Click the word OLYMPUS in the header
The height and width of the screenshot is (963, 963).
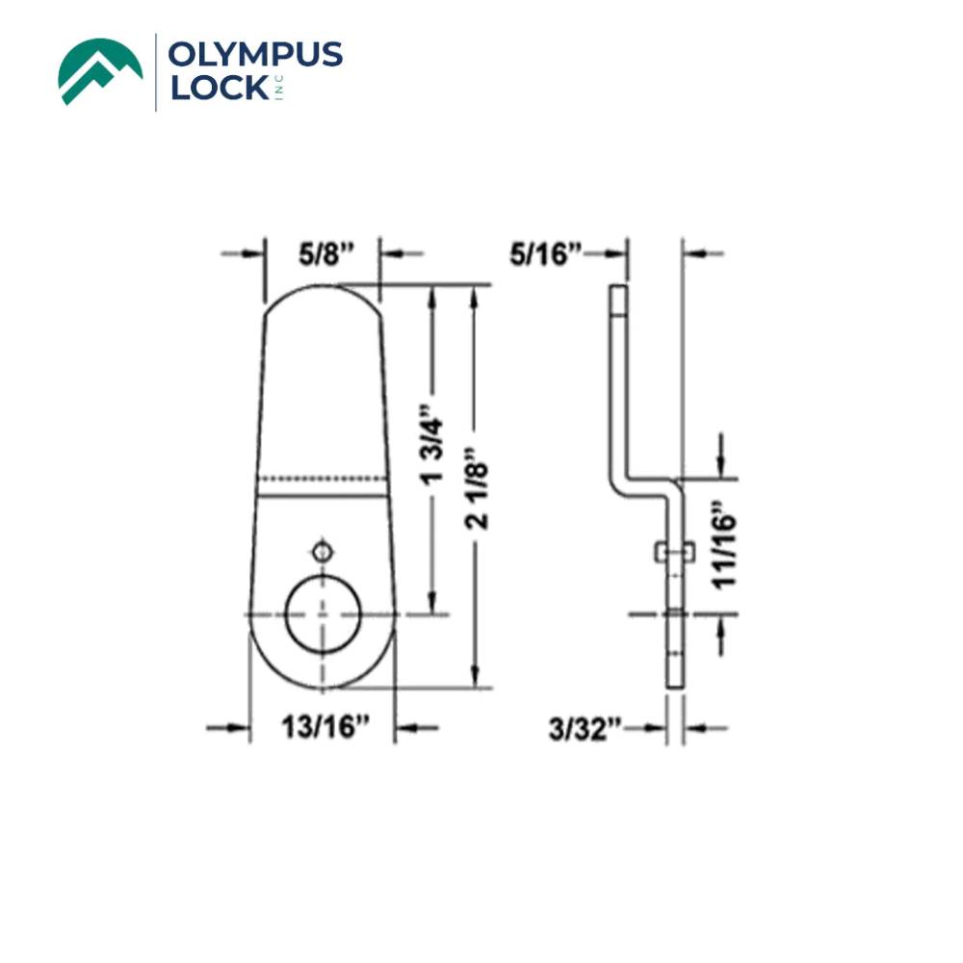tap(255, 54)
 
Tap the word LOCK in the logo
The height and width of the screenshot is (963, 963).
tap(216, 89)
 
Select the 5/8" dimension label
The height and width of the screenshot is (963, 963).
tap(326, 254)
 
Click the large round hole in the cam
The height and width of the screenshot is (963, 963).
tap(322, 616)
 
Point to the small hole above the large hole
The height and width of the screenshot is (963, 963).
tap(322, 552)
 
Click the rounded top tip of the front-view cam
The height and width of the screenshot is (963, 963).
tap(322, 290)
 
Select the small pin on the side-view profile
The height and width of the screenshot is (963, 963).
tap(673, 552)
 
